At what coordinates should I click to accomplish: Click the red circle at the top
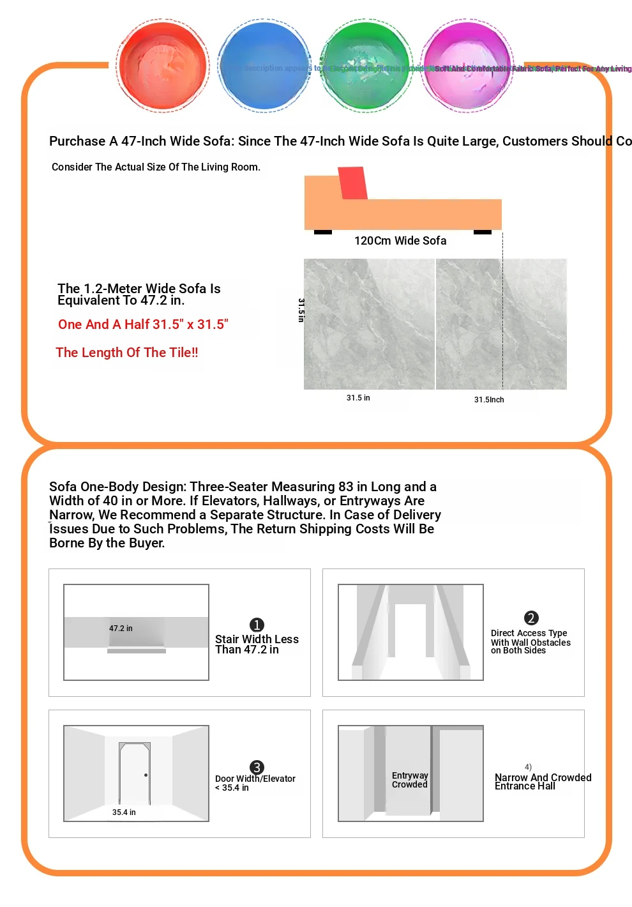coord(163,66)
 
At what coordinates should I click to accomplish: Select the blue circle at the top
coord(264,66)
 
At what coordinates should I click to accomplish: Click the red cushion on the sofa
coord(352,183)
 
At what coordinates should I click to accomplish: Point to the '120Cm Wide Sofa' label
coord(400,241)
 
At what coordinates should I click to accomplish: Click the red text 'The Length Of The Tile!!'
coord(127,353)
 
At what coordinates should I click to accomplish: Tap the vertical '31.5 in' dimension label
coord(301,310)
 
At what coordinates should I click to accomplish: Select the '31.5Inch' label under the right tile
coord(489,400)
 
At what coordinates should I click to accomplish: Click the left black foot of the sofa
coord(323,232)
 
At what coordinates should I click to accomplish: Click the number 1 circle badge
coord(257,625)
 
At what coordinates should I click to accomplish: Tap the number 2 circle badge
coord(531,618)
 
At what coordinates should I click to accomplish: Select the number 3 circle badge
coord(257,767)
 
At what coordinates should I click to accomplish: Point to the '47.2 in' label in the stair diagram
coord(121,629)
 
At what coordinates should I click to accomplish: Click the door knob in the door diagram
coord(146,775)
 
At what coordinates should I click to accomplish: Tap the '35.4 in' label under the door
coord(124,812)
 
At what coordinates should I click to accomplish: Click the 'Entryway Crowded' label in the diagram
coord(410,780)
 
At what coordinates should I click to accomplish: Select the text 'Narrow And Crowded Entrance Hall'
coord(543,782)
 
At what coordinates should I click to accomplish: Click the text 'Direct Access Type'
coord(529,633)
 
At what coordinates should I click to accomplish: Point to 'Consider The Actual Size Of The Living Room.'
coord(156,167)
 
